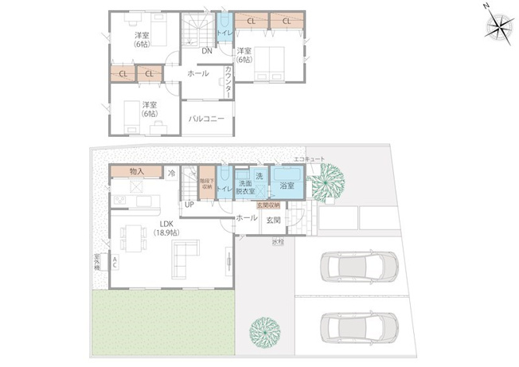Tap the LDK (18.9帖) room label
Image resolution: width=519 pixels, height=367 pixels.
click(167, 228)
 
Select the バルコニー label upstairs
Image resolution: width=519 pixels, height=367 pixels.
click(206, 119)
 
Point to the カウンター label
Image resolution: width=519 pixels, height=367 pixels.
click(229, 81)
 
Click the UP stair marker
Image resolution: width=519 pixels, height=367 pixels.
click(189, 205)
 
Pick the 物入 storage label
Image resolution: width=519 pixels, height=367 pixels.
click(136, 172)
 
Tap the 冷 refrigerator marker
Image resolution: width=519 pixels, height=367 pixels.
click(171, 173)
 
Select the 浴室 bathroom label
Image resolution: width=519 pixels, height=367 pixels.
click(287, 185)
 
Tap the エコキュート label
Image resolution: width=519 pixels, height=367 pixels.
click(309, 159)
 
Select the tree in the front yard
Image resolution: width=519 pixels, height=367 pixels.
click(263, 331)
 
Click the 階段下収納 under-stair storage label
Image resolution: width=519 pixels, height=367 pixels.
click(205, 185)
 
